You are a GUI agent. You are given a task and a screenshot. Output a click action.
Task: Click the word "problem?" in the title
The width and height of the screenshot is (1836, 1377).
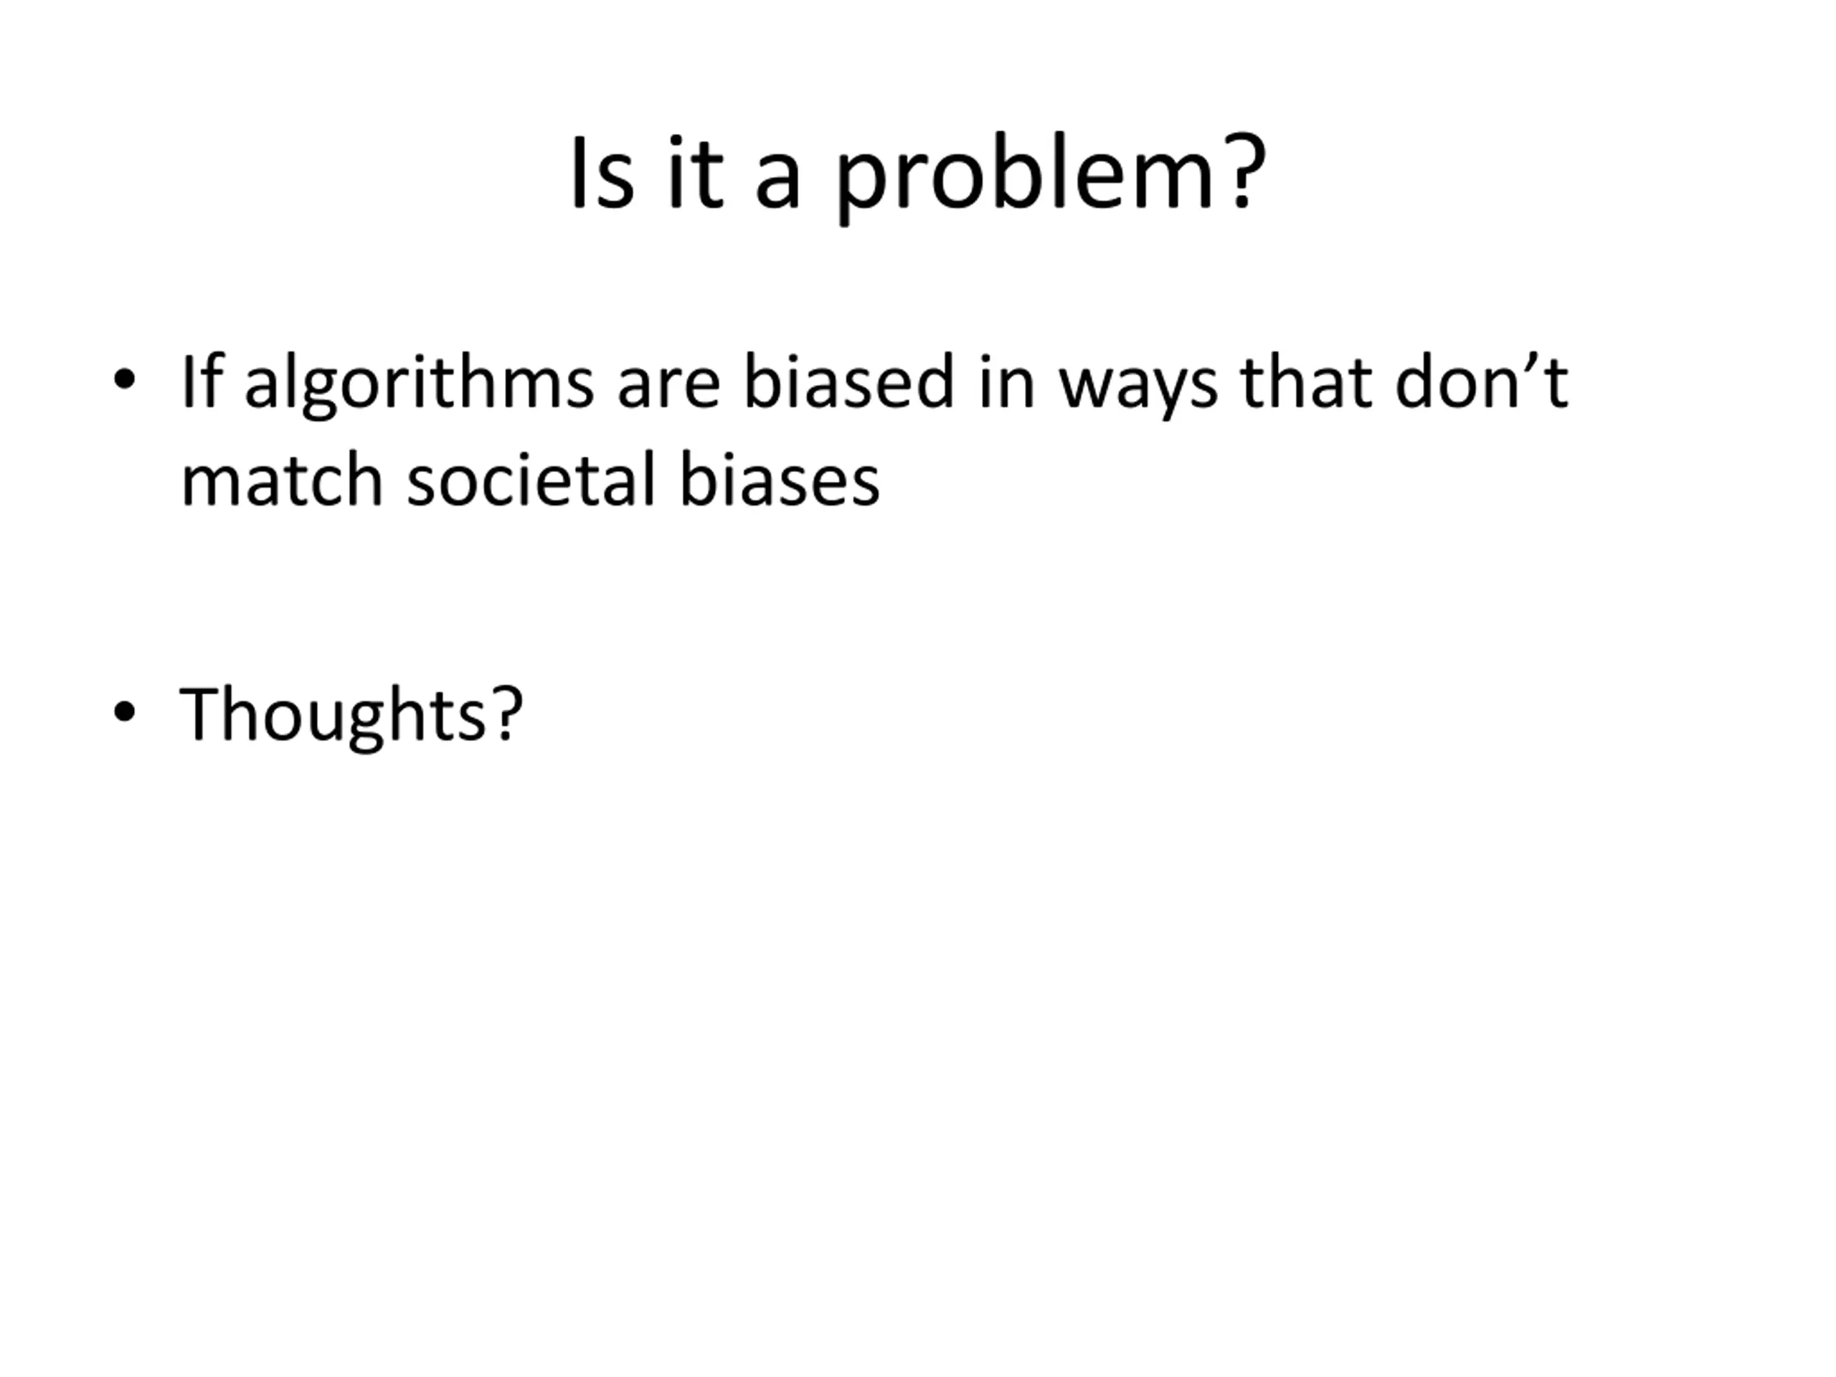(1050, 177)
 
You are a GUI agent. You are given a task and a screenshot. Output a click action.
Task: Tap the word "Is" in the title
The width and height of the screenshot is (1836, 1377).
(602, 172)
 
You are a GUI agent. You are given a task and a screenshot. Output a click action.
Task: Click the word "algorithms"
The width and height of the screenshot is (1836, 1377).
(419, 384)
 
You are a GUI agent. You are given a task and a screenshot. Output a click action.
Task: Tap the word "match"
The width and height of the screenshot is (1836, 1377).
(282, 479)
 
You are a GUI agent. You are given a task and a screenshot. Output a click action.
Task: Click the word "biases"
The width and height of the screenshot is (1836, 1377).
(780, 479)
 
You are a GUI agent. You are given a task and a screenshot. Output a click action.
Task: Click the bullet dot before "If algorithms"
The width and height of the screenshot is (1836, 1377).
(125, 379)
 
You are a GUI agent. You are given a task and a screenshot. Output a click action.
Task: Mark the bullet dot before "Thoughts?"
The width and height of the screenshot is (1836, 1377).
(125, 711)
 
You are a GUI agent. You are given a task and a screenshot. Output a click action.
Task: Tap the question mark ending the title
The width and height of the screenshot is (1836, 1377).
(1244, 171)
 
